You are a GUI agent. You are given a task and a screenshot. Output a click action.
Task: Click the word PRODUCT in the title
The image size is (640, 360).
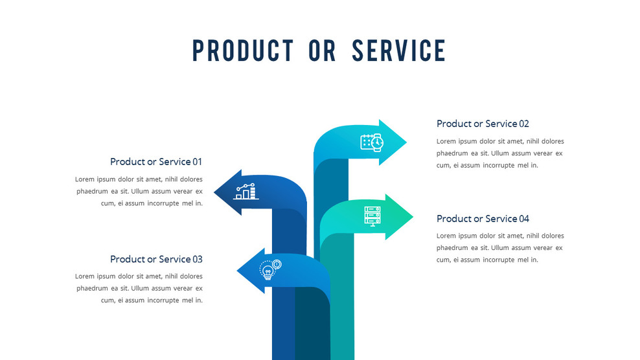tap(242, 51)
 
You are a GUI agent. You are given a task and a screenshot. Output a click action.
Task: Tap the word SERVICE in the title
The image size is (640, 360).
tap(399, 51)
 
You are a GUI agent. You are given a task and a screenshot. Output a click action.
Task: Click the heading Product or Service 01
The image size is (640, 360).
tap(156, 162)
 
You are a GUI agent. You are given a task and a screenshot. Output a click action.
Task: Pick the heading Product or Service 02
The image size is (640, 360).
tap(483, 124)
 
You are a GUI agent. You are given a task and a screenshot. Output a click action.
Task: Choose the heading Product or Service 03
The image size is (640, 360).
tap(156, 259)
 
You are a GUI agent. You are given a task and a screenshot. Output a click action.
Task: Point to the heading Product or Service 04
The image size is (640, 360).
tap(483, 219)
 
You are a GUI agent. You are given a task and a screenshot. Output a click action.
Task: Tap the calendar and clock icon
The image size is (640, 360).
tap(372, 142)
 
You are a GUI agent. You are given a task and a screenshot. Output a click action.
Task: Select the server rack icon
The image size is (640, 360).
tap(372, 216)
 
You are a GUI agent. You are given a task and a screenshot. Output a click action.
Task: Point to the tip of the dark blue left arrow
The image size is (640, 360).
tap(215, 192)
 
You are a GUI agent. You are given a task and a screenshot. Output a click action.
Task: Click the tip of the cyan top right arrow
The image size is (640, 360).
tap(406, 142)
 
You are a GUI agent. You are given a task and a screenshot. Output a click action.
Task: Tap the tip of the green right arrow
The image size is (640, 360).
tap(412, 216)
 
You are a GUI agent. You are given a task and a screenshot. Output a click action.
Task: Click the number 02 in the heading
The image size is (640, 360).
tap(524, 124)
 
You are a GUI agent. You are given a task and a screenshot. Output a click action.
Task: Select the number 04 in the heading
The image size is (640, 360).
tap(524, 219)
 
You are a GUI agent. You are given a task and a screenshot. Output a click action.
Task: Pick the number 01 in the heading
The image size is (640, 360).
tap(197, 162)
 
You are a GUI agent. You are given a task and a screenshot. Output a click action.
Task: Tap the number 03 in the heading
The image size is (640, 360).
tap(197, 259)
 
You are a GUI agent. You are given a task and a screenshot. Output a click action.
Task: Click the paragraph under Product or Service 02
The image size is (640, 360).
tap(500, 153)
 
